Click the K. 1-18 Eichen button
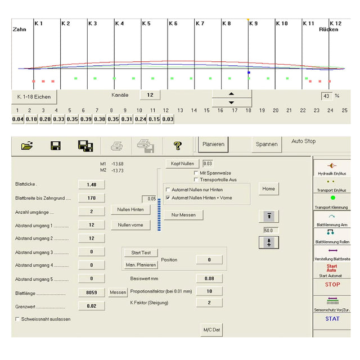[34, 97]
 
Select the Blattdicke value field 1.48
[91, 184]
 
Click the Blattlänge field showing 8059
[91, 292]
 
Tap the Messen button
[118, 292]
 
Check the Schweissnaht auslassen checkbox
[17, 319]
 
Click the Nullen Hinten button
[130, 210]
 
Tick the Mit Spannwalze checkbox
[196, 173]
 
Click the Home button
[269, 189]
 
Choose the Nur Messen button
[183, 215]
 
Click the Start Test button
[141, 253]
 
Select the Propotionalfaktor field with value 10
[209, 291]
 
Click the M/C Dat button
[211, 330]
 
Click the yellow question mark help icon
[177, 146]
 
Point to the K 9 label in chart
[253, 24]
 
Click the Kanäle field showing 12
[150, 95]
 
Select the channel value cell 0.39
[85, 119]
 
